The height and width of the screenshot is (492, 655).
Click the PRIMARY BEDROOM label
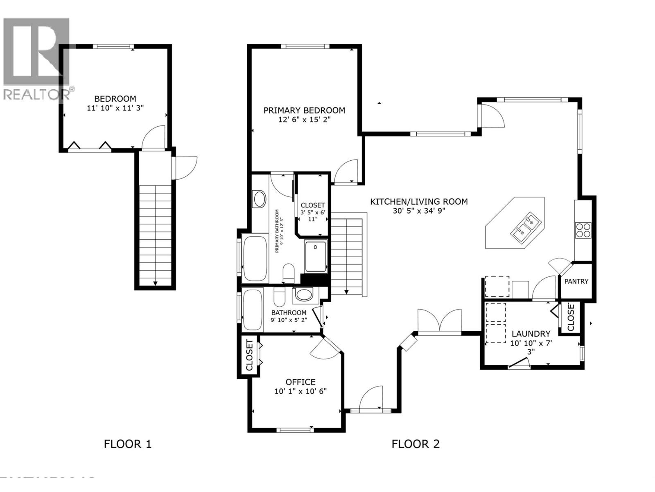304,110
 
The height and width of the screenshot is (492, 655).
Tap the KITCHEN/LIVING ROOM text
418,202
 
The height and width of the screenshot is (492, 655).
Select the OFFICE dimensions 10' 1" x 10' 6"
300,391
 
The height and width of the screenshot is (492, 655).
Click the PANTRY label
576,281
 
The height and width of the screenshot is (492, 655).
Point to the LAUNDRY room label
531,334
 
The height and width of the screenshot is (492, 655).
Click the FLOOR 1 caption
128,444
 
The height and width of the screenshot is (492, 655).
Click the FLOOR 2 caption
415,444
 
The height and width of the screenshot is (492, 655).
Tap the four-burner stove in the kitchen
583,230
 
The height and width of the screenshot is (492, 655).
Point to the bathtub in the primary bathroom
254,258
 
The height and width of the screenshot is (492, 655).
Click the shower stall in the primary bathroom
316,257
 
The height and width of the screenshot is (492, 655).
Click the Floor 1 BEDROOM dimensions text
115,108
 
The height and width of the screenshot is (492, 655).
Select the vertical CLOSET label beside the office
249,355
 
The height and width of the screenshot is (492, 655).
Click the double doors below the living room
439,320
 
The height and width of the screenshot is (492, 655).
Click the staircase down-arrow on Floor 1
156,283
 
